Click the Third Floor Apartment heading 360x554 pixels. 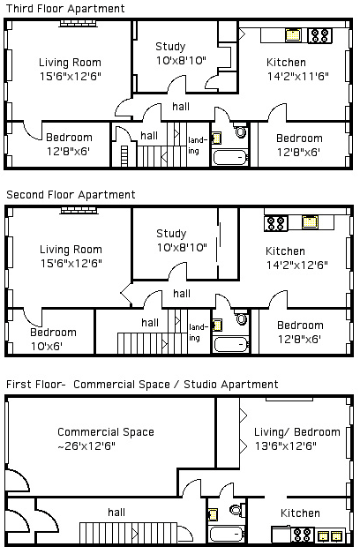pos(65,9)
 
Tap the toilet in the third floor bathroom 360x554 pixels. pos(240,131)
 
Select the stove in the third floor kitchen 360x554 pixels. pos(319,35)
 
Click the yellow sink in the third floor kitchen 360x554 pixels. pos(293,35)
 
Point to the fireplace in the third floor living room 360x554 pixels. pos(78,23)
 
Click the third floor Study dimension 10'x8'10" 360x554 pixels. pos(181,60)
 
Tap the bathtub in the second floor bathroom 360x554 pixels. pos(231,344)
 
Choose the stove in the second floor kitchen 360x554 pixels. pos(276,224)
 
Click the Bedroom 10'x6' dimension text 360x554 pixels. pos(46,346)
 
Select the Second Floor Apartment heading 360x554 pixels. pos(71,195)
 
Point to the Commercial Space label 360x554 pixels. pos(106,432)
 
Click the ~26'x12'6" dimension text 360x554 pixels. pos(86,446)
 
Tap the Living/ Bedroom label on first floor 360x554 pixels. pos(297,432)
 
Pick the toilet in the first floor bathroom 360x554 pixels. pos(236,510)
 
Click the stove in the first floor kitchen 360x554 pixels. pos(302,535)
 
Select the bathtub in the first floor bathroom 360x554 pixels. pos(227,534)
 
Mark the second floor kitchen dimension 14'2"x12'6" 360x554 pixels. pos(297,265)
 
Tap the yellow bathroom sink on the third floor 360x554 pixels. pos(216,138)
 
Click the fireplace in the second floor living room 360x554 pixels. pos(79,211)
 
